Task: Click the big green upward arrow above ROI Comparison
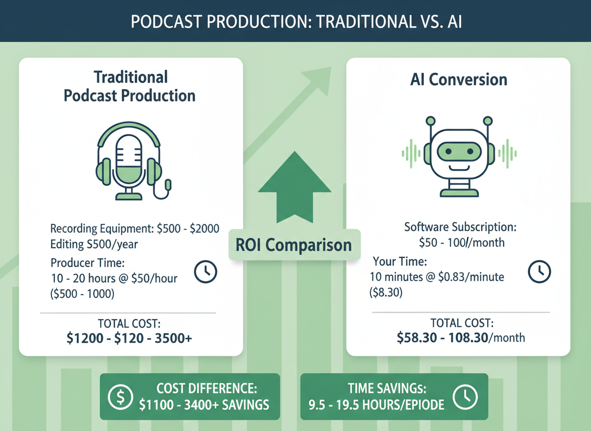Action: (295, 187)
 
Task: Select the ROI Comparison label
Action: (295, 244)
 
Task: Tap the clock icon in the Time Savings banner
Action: (465, 397)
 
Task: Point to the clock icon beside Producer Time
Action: (205, 271)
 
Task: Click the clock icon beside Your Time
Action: (539, 271)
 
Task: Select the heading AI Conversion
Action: (458, 80)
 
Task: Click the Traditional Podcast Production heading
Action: (130, 86)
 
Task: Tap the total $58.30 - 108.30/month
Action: (461, 338)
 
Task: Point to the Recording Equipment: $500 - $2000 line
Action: (135, 229)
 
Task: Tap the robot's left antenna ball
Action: (429, 120)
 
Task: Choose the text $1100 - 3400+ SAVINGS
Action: (204, 404)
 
